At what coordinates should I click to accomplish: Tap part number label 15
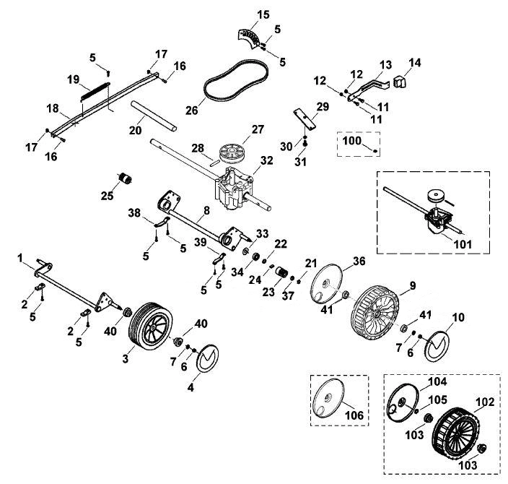(263, 14)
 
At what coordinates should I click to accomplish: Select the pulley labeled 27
(231, 152)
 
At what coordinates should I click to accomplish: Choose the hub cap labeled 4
(208, 358)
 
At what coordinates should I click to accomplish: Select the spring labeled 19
(95, 92)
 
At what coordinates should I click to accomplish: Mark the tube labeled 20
(154, 116)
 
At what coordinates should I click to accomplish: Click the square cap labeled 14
(400, 82)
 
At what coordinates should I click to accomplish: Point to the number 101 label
(463, 244)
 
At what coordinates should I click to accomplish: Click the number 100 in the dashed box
(352, 141)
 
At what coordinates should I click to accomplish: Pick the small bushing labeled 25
(124, 178)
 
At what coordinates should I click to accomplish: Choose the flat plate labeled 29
(305, 120)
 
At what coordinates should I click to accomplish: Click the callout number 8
(206, 210)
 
